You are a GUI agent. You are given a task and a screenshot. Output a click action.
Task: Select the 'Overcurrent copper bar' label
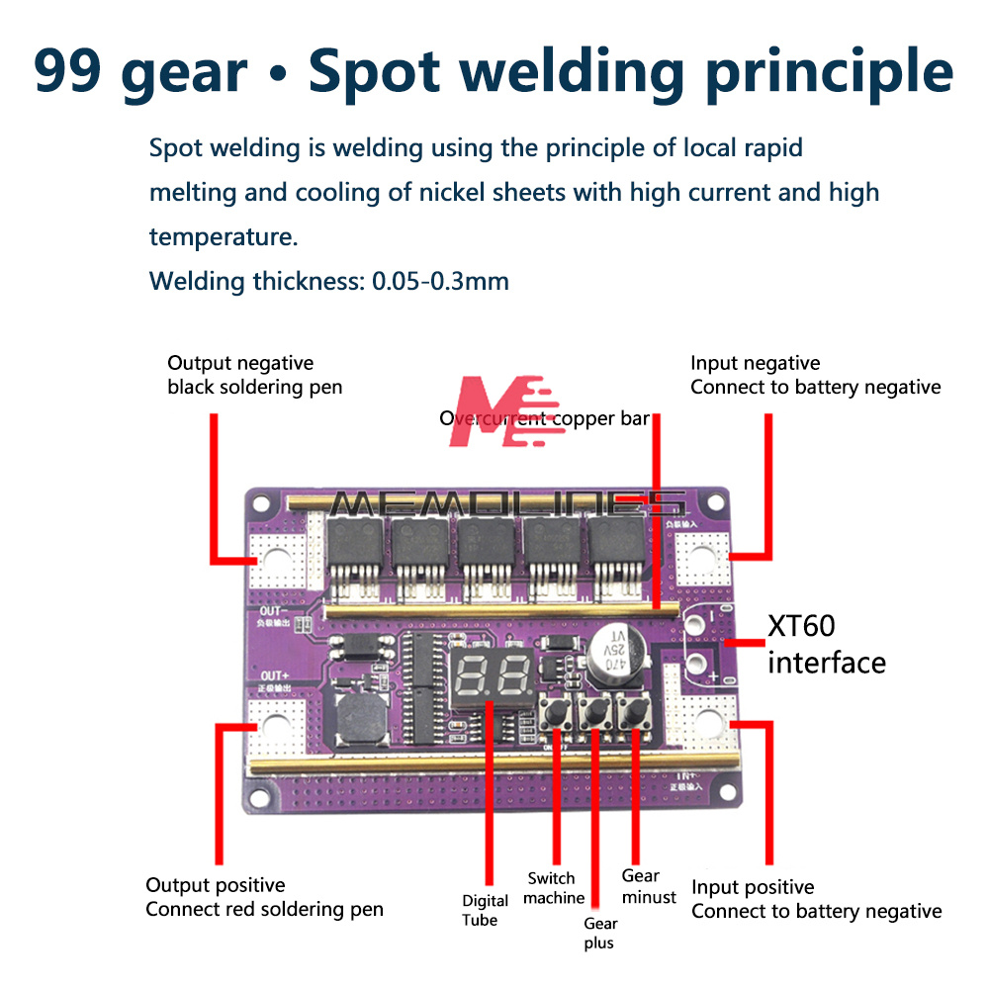pos(544,418)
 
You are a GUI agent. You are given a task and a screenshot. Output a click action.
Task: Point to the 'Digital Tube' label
pos(486,910)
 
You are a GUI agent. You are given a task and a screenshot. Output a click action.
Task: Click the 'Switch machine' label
pos(554,888)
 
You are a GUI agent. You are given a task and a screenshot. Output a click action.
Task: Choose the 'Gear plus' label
pos(598,933)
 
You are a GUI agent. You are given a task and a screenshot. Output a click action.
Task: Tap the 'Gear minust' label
pos(648,886)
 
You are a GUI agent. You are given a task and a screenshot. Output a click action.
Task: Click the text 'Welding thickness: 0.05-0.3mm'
pos(328,281)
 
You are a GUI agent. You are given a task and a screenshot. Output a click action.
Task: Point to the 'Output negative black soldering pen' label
pos(254,375)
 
